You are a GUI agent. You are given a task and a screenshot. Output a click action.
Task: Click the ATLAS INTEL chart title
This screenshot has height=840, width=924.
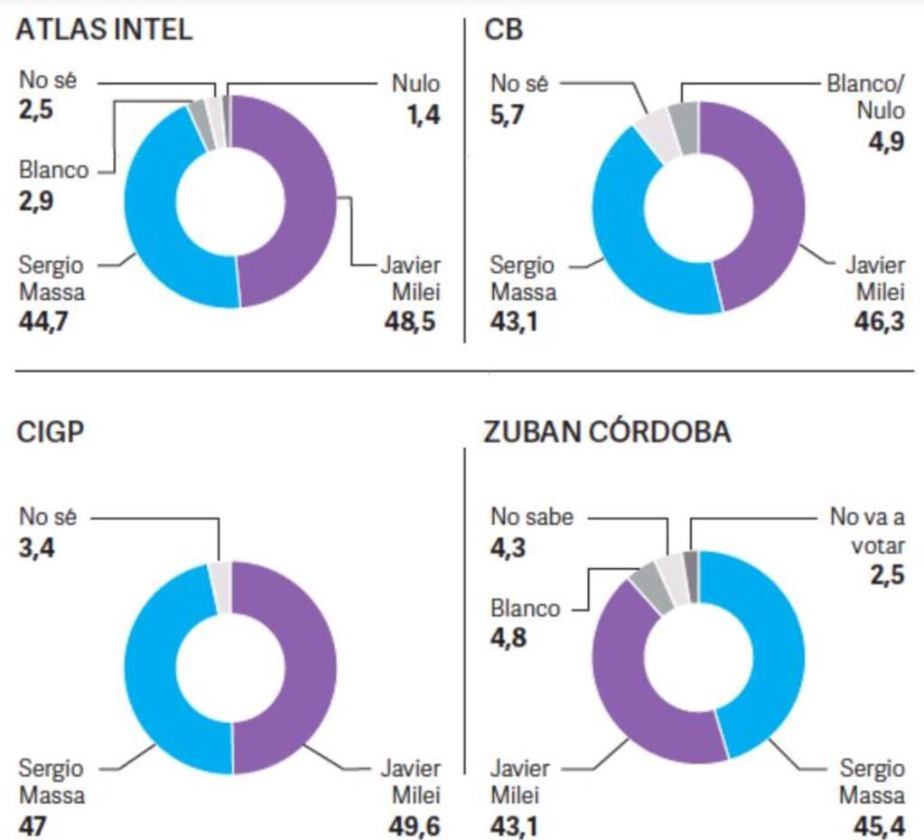pos(105,30)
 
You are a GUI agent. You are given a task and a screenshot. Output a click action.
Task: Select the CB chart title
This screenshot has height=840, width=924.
pos(504,30)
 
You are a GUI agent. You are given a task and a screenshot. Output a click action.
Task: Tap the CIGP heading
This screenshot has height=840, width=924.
pos(51,432)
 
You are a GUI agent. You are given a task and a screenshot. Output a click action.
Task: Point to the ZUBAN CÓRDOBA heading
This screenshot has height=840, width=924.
pos(607,432)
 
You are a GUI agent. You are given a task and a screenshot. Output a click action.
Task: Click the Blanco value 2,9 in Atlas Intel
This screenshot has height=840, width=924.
pos(36,201)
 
